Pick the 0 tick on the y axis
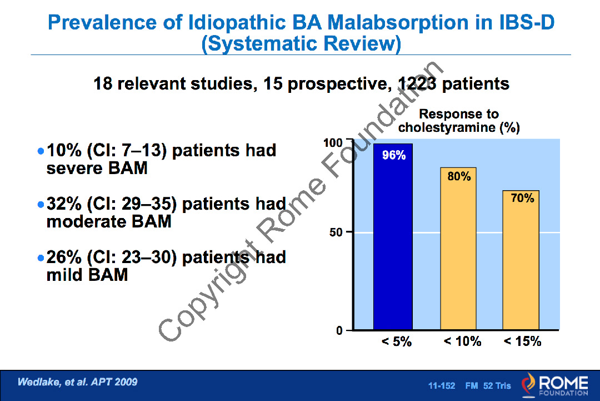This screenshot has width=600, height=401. click(339, 331)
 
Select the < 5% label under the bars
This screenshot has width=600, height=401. click(397, 341)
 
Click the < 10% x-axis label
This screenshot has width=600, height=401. click(462, 341)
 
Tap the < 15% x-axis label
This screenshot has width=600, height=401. click(522, 341)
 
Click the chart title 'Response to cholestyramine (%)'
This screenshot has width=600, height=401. click(459, 121)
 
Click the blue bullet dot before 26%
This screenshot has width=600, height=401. click(39, 258)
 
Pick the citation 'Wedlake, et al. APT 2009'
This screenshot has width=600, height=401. click(77, 382)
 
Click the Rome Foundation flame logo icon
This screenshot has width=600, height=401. click(528, 385)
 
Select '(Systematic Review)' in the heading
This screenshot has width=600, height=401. click(301, 43)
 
